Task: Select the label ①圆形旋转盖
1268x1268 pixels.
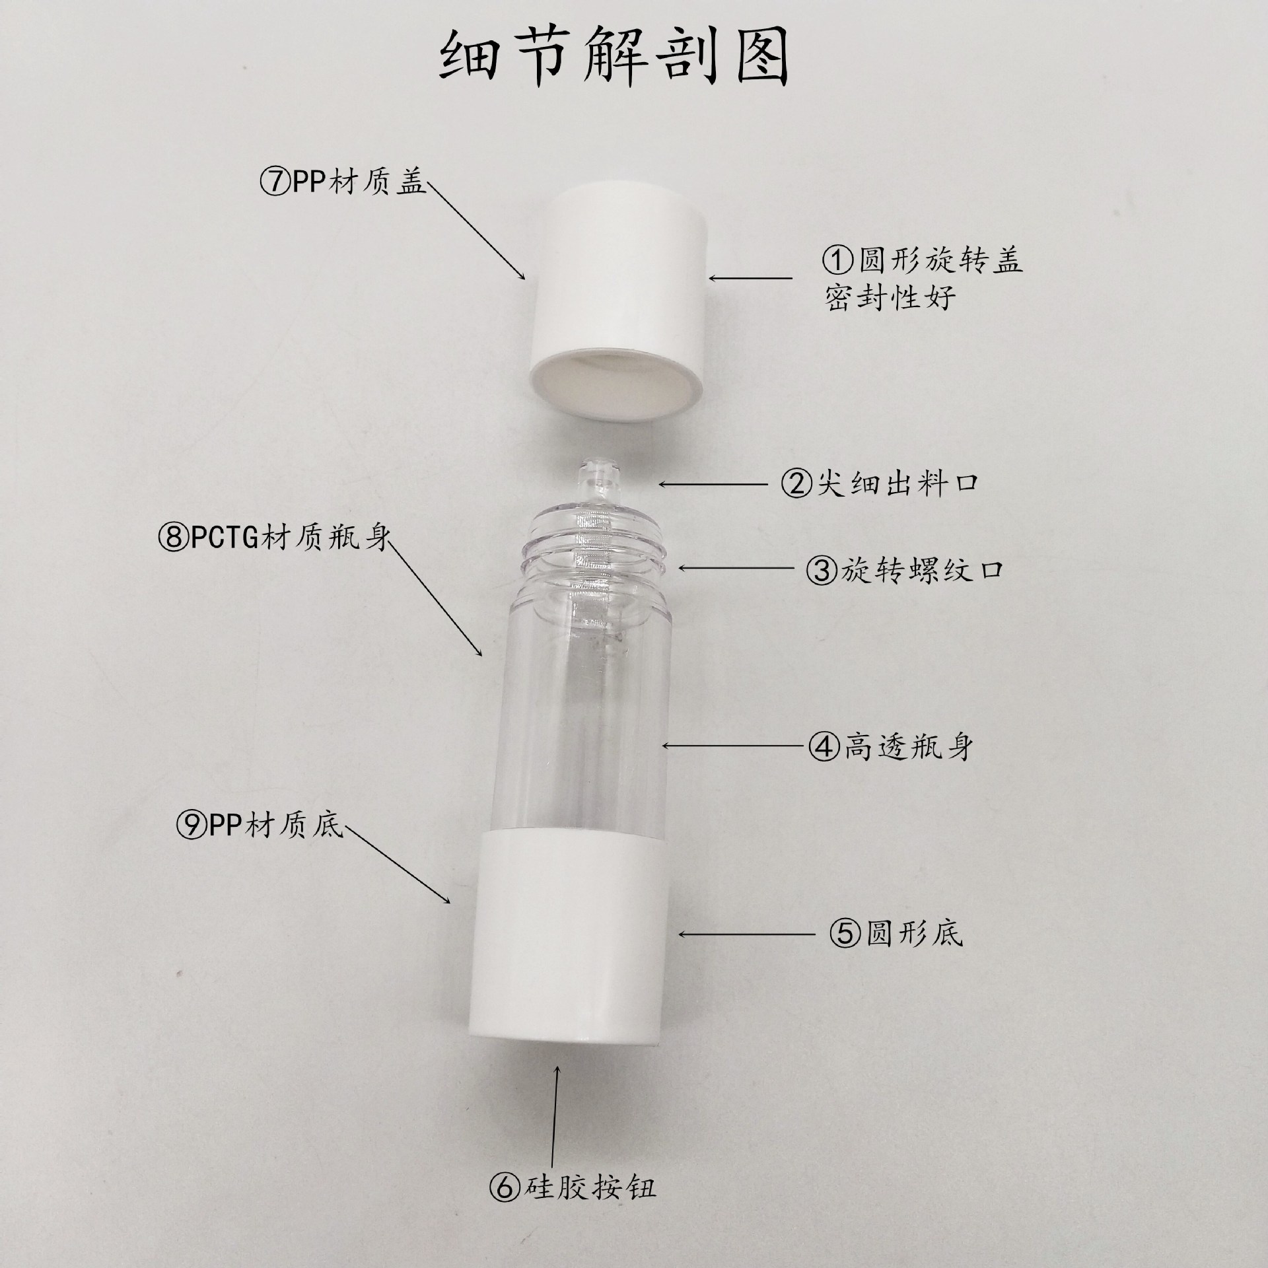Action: click(x=922, y=261)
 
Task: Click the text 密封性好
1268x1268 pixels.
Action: click(x=890, y=299)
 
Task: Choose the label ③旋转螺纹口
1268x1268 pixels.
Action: click(x=904, y=570)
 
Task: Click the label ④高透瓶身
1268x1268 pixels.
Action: click(x=891, y=747)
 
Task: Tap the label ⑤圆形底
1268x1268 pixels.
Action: click(x=896, y=933)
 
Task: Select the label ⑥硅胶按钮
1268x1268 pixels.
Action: click(x=573, y=1188)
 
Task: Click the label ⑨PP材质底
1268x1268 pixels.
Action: click(x=260, y=827)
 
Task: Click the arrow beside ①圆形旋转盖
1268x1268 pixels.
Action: click(x=750, y=279)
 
